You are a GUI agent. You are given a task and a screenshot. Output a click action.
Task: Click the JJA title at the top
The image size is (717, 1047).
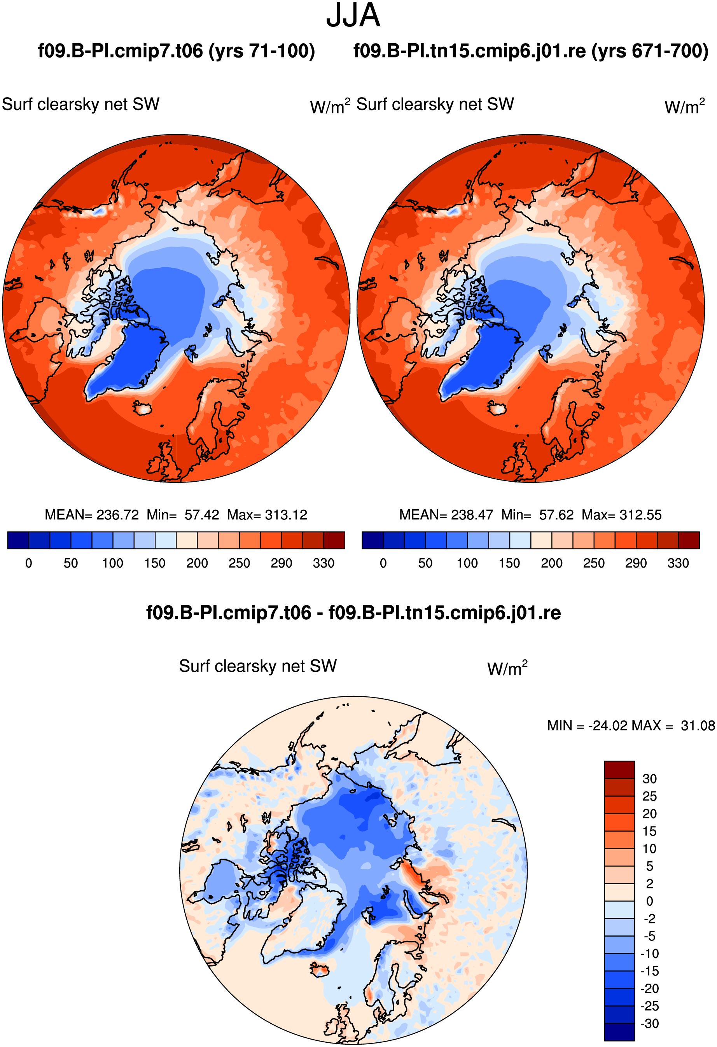[x=353, y=15]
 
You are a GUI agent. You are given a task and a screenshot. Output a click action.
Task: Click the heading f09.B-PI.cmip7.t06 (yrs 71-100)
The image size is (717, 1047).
[x=176, y=51]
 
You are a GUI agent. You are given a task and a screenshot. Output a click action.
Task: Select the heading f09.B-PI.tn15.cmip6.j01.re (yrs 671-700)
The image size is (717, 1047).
[x=531, y=51]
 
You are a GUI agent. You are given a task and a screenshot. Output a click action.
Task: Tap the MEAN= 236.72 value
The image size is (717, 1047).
[x=92, y=515]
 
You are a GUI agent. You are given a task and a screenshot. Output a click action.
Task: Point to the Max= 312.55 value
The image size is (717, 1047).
[x=621, y=515]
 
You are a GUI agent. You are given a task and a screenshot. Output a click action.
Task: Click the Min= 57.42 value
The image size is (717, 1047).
[x=183, y=515]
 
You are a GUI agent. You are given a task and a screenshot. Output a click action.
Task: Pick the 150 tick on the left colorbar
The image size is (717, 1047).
[x=155, y=563]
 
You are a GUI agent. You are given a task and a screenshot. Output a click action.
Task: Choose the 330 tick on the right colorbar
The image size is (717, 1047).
[x=678, y=563]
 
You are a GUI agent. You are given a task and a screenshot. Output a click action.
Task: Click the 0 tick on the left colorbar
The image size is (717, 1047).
[x=28, y=563]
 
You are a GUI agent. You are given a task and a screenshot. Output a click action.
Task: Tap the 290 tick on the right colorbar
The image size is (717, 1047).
[x=636, y=563]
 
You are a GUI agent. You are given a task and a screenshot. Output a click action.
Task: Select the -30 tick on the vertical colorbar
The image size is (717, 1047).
[x=649, y=1024]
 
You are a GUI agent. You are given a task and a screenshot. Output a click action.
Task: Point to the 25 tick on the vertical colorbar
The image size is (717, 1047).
[x=649, y=796]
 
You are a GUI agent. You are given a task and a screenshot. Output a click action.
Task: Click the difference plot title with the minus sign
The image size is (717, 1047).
[x=353, y=613]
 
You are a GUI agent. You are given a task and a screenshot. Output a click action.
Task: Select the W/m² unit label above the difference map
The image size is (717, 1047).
[x=507, y=668]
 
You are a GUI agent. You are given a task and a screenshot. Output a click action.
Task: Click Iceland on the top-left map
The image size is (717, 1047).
[x=143, y=408]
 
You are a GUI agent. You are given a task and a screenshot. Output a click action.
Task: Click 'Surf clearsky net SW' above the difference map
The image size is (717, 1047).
[x=258, y=666]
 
